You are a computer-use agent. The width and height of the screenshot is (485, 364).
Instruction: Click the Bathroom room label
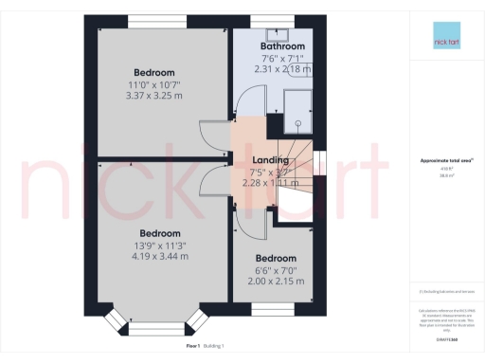tap(282, 45)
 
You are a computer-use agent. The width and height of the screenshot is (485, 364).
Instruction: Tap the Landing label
tap(273, 160)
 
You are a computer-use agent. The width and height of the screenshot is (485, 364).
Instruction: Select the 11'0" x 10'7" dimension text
tap(154, 85)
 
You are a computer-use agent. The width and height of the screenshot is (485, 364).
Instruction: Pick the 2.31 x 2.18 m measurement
tap(282, 68)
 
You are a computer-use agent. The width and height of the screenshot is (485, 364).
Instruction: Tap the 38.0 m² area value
tap(442, 175)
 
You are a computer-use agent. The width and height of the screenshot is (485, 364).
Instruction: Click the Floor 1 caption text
tap(193, 348)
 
